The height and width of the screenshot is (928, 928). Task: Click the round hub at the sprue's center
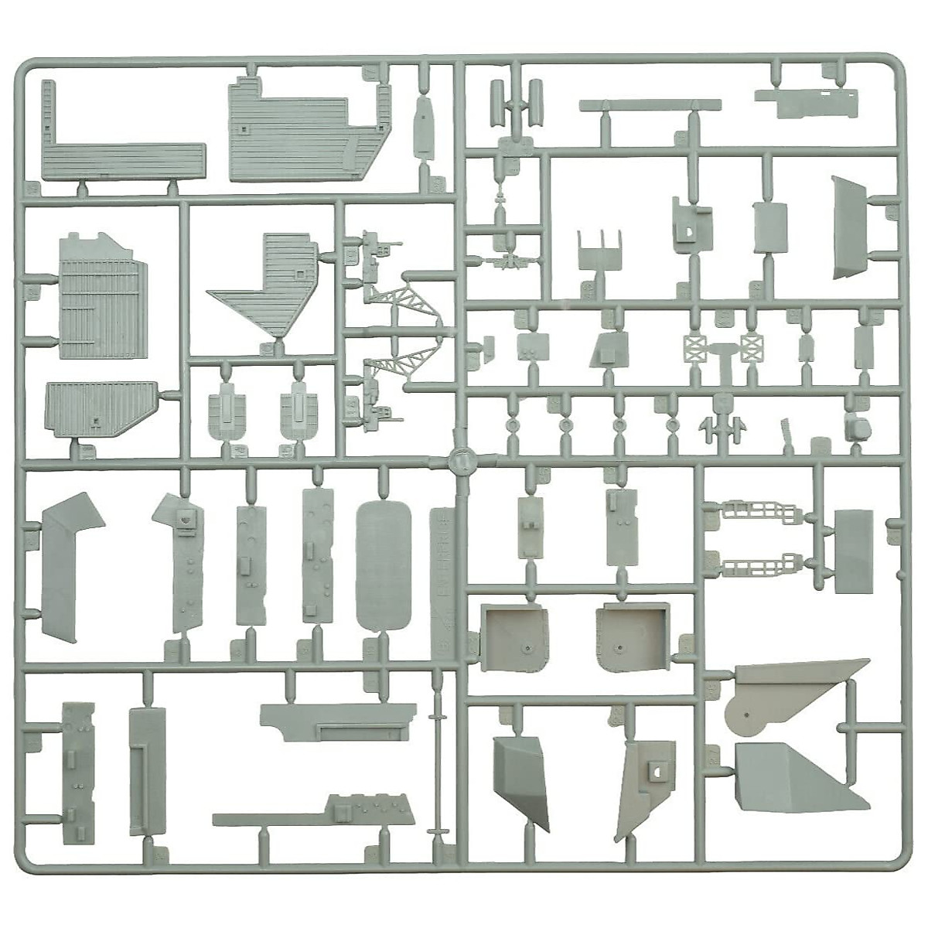tap(461, 461)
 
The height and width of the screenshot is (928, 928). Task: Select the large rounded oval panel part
tap(384, 565)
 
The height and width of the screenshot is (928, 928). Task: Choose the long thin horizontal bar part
tap(650, 105)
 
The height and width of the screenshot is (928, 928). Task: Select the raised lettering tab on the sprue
tap(441, 572)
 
